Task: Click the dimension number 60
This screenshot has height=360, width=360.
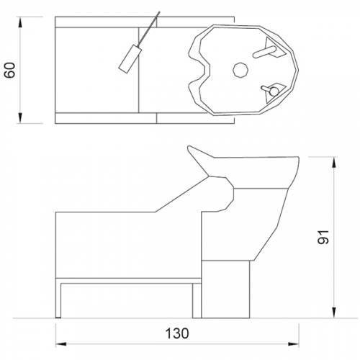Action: click(10, 70)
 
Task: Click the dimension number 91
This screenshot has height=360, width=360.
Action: click(323, 237)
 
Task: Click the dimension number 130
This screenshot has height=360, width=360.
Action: click(177, 333)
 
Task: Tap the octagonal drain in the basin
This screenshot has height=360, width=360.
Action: click(240, 70)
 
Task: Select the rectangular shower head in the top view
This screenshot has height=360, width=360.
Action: click(130, 58)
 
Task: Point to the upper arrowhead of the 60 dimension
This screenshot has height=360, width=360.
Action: click(20, 22)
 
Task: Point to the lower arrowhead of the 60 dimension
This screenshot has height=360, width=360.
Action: click(20, 117)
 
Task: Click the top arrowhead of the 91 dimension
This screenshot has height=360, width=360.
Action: click(334, 163)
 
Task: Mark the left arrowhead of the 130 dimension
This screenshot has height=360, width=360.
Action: click(61, 344)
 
